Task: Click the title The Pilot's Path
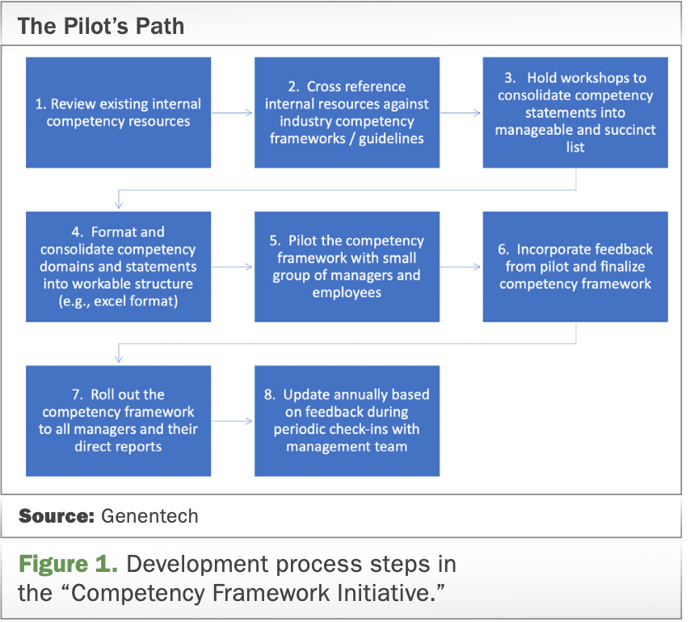coord(101,26)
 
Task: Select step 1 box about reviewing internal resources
coord(118,112)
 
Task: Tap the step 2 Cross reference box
coord(347,112)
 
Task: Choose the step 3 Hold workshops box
coord(575,112)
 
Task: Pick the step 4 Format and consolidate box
coord(118,267)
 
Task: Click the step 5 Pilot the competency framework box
coord(347,267)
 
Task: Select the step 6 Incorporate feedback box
coord(575,267)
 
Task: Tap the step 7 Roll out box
coord(118,421)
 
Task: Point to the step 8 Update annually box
coord(347,421)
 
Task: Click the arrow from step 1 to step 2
coord(233,113)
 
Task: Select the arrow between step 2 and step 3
coord(461,113)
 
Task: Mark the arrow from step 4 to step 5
coord(233,267)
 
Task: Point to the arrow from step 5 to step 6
coord(461,267)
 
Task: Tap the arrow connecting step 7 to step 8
coord(233,422)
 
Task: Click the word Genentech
coord(149,516)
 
